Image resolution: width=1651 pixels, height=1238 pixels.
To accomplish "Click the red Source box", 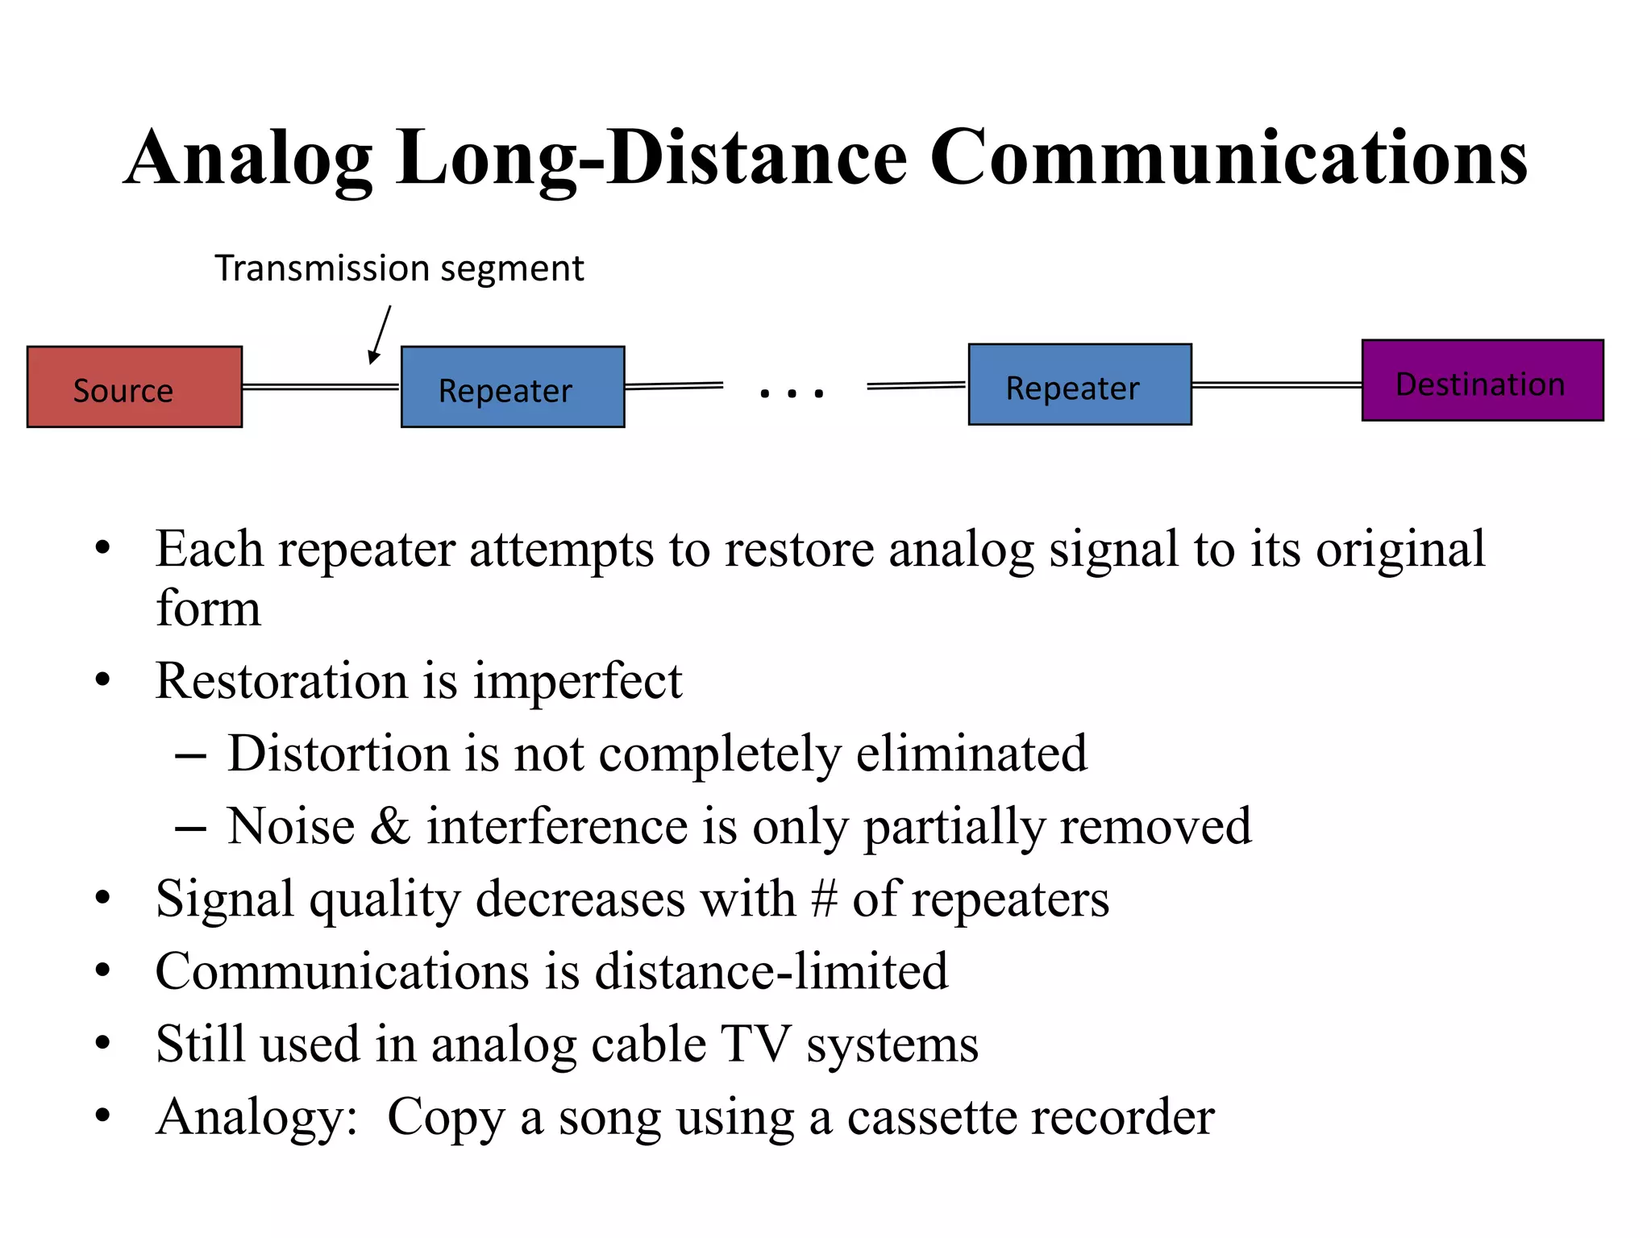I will point(135,387).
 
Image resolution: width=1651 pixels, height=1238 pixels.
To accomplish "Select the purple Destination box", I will point(1482,380).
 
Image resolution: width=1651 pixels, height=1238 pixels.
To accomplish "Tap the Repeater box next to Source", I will point(513,387).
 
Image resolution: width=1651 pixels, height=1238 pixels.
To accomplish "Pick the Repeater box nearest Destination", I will point(1079,384).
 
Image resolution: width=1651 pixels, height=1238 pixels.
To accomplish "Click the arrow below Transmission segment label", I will point(380,334).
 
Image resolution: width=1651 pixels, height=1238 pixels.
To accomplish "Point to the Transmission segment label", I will point(399,268).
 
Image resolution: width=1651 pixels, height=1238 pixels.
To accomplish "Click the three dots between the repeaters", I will point(792,394).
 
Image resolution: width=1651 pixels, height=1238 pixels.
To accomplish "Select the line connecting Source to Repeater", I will point(321,387).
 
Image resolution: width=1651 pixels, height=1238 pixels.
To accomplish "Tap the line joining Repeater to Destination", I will point(1276,384).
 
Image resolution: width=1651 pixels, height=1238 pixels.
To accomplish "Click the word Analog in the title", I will point(248,159).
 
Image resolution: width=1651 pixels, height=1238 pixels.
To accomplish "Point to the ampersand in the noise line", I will point(390,826).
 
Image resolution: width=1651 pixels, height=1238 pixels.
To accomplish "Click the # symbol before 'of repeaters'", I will point(824,899).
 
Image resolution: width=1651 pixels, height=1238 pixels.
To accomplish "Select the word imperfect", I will point(577,681).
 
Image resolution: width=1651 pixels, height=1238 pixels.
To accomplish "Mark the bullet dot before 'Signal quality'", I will point(102,898).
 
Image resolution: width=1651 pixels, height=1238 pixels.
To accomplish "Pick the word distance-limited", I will point(771,971).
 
